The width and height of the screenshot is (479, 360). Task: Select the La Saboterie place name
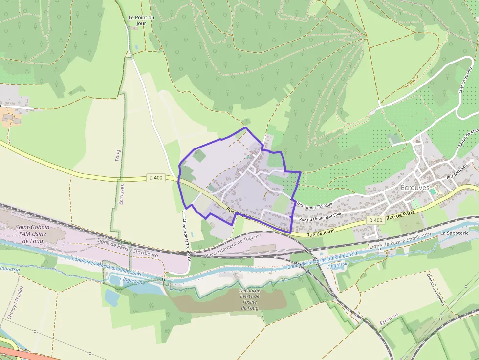(454, 233)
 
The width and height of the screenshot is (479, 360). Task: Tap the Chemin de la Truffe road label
(186, 238)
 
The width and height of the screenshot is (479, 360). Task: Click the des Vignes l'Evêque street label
(313, 204)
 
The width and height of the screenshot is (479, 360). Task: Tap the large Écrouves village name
(414, 188)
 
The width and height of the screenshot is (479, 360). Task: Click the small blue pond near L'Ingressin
(111, 297)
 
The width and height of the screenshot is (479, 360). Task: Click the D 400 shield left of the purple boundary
(155, 178)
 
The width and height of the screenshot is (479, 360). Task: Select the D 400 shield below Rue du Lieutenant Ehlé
(375, 220)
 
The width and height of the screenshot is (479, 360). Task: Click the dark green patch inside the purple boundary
(199, 156)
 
